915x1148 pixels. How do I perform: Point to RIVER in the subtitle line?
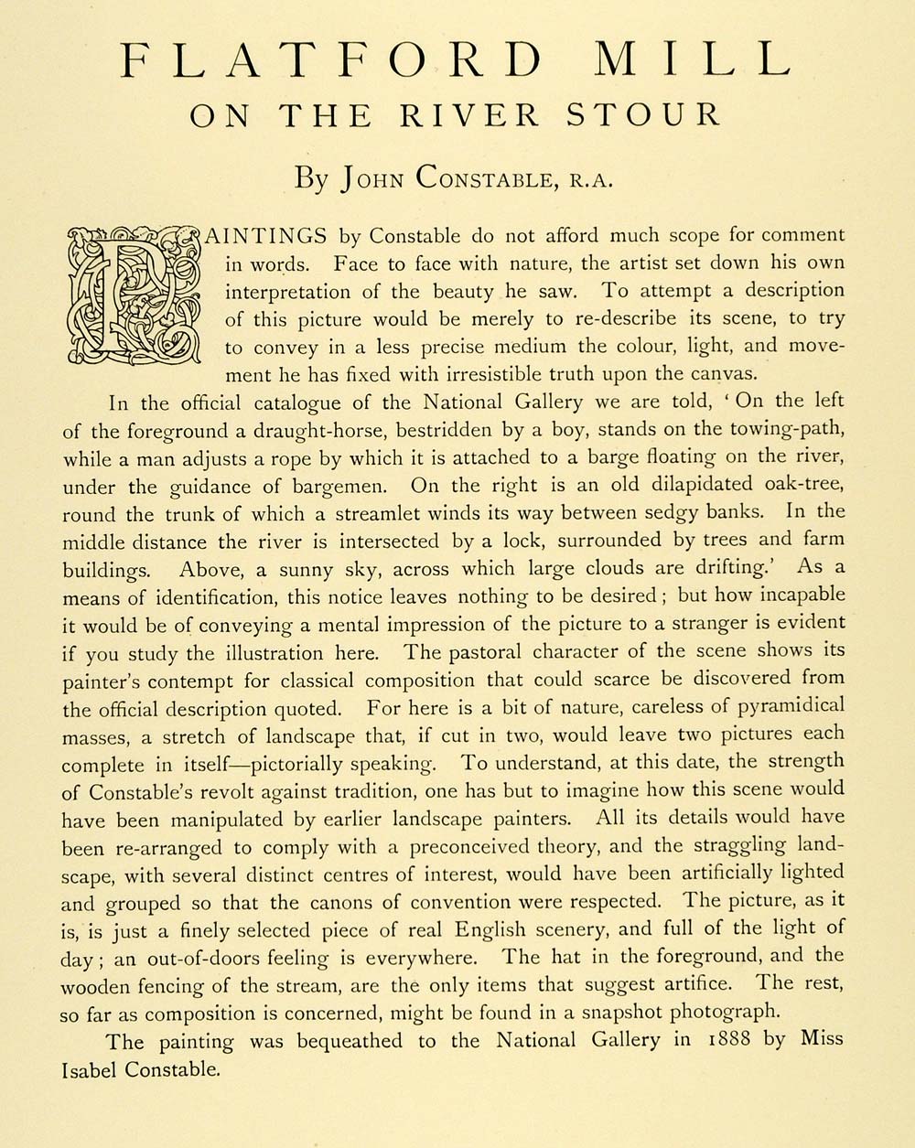tap(477, 115)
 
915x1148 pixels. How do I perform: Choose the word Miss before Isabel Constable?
tap(822, 1040)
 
